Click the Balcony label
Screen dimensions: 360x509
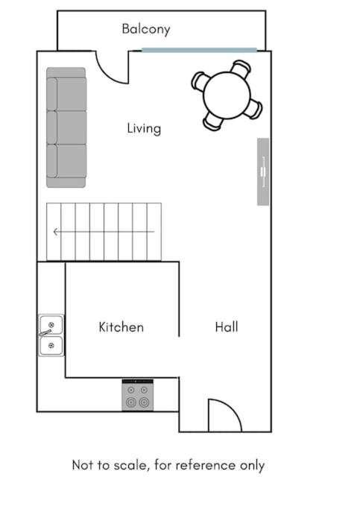pyautogui.click(x=146, y=29)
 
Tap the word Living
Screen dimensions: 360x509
pyautogui.click(x=144, y=128)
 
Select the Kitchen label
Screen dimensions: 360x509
pyautogui.click(x=121, y=327)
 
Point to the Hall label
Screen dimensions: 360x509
pyautogui.click(x=227, y=327)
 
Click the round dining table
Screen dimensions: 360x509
pyautogui.click(x=227, y=95)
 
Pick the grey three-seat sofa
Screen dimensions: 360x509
pyautogui.click(x=66, y=127)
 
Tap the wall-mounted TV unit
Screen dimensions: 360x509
pyautogui.click(x=263, y=171)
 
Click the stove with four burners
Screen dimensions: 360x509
pyautogui.click(x=138, y=395)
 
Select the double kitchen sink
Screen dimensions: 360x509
pyautogui.click(x=51, y=335)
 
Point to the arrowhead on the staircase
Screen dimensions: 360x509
pyautogui.click(x=56, y=232)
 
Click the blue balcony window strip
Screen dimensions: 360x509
pyautogui.click(x=199, y=50)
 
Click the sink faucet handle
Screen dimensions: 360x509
pyautogui.click(x=45, y=332)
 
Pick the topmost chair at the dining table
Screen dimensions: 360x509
pyautogui.click(x=241, y=67)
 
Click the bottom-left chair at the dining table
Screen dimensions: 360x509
pyautogui.click(x=212, y=121)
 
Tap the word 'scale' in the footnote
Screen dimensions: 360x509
pyautogui.click(x=133, y=465)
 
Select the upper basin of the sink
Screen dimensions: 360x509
pyautogui.click(x=51, y=325)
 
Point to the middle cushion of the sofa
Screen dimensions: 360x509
pyautogui.click(x=67, y=127)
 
